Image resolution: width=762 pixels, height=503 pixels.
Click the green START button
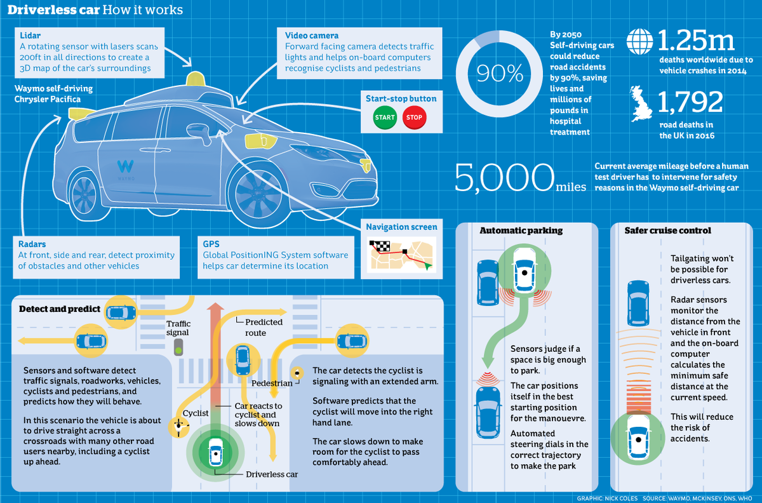coord(385,117)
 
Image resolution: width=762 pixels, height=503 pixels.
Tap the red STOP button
coord(414,117)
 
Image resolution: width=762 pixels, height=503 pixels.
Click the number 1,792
coord(690,102)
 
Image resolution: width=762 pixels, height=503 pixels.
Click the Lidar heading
coord(30,35)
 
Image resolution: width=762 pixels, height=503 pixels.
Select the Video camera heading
coord(312,36)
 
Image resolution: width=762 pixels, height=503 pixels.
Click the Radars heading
coord(32,244)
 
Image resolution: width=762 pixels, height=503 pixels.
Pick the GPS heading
coord(211,244)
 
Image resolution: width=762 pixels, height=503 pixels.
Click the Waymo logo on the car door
coord(125,168)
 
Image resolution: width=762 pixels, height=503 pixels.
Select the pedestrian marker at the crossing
coord(296,373)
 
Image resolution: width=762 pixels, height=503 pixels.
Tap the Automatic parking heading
coord(512,231)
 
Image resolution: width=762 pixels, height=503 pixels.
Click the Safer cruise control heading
coord(658,231)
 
